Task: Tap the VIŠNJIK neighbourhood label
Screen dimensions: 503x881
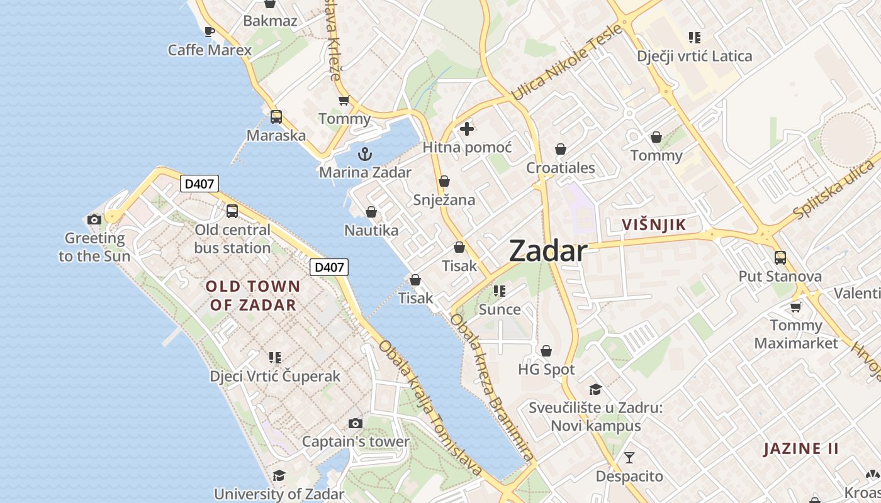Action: [x=653, y=224]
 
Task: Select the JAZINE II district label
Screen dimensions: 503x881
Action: [x=801, y=449]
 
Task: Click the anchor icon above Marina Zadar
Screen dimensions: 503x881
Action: [x=364, y=154]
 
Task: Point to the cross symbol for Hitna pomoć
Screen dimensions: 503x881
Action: [x=466, y=130]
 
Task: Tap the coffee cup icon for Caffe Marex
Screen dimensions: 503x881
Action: [x=210, y=31]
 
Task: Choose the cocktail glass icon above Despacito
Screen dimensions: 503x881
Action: [x=629, y=458]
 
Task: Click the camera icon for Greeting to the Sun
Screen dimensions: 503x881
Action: [x=94, y=219]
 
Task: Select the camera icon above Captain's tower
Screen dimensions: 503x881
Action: [x=356, y=424]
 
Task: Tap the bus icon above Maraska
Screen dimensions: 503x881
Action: [x=276, y=117]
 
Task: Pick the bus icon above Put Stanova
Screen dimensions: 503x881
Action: [x=780, y=258]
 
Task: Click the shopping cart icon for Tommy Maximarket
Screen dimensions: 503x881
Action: [x=796, y=307]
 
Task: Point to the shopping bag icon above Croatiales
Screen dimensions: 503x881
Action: [x=560, y=150]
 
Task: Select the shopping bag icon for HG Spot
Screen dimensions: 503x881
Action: [x=546, y=351]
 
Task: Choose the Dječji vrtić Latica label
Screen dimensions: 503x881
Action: [x=694, y=56]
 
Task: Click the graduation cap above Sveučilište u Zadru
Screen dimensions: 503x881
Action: [x=595, y=389]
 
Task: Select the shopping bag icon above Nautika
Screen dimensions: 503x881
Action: [x=371, y=212]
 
